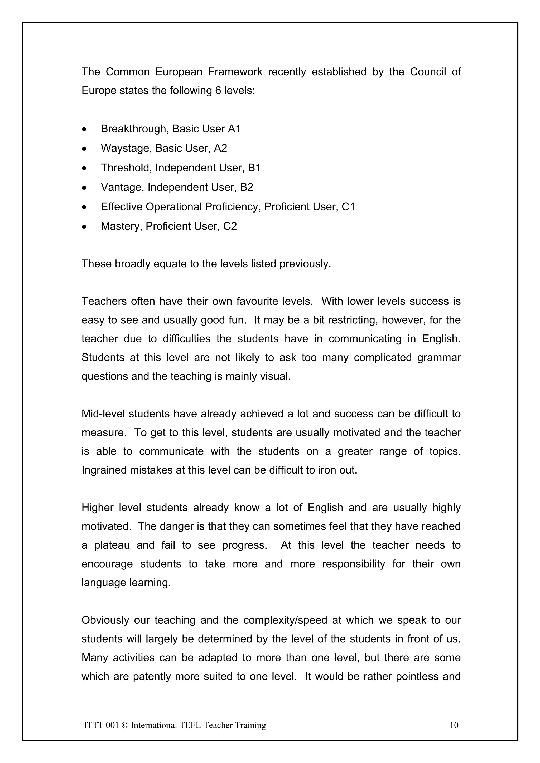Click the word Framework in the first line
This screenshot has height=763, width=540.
235,72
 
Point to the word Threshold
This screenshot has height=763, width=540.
127,168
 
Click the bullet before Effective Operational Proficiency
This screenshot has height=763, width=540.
85,207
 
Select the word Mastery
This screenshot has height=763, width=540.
122,226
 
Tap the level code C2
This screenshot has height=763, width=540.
230,226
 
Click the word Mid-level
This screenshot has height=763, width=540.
103,414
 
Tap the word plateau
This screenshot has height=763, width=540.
112,545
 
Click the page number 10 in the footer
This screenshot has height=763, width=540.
454,725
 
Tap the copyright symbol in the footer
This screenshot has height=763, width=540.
125,725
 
